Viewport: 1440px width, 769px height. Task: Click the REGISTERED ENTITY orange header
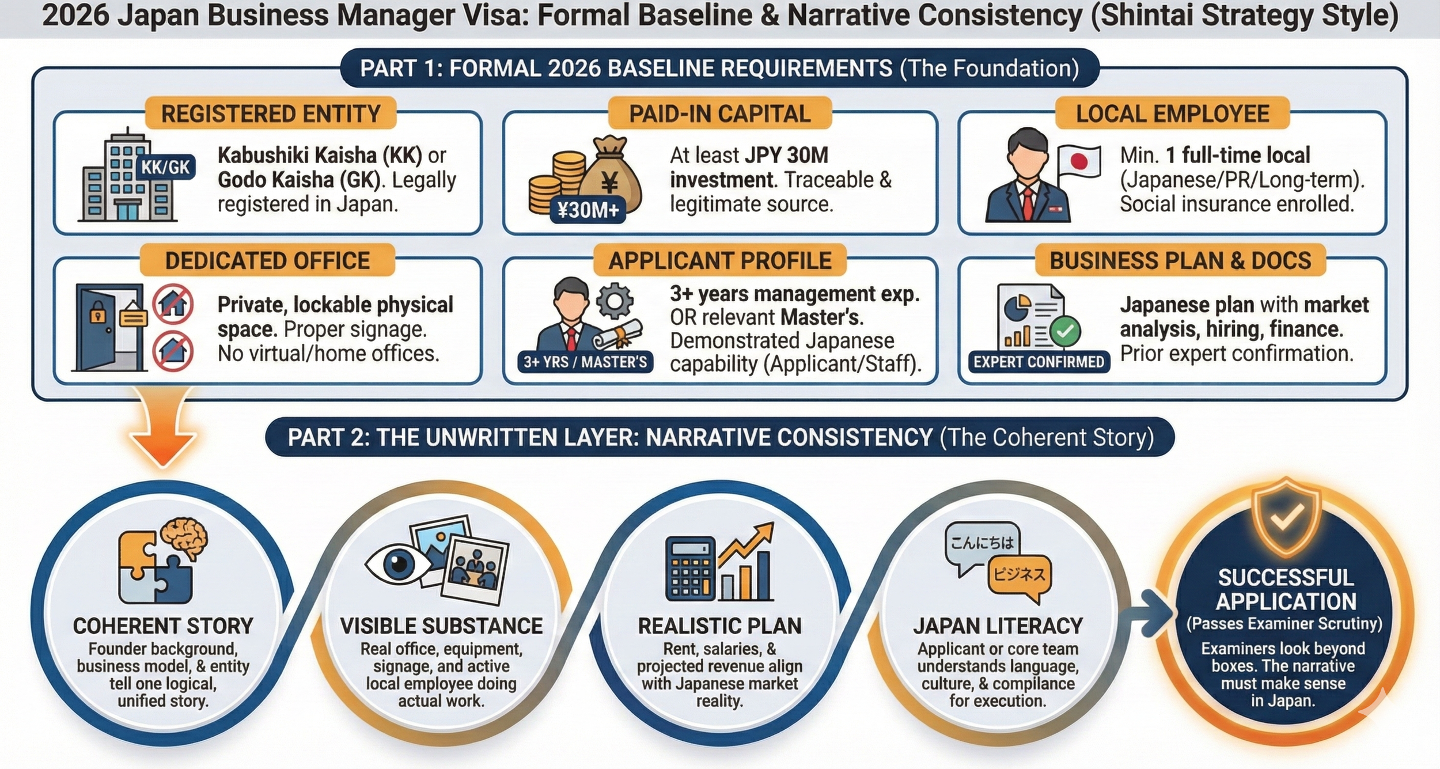coord(271,113)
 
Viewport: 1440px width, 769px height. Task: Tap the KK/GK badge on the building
coord(165,168)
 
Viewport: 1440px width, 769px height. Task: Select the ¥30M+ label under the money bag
coord(588,210)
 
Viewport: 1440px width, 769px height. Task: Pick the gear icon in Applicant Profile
coord(615,301)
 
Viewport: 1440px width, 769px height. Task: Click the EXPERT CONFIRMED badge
coord(1039,362)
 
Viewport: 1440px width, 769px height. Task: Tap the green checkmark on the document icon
coord(1064,331)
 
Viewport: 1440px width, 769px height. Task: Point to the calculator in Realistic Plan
coord(690,569)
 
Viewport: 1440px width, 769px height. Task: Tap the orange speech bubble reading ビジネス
coord(1019,574)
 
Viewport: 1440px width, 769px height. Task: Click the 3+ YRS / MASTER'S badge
coord(585,362)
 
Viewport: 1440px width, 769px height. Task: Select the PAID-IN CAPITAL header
coord(719,113)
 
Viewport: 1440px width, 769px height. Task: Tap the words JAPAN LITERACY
coord(998,626)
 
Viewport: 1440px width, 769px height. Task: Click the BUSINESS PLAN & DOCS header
coord(1180,260)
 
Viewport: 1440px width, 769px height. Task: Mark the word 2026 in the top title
coord(75,16)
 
